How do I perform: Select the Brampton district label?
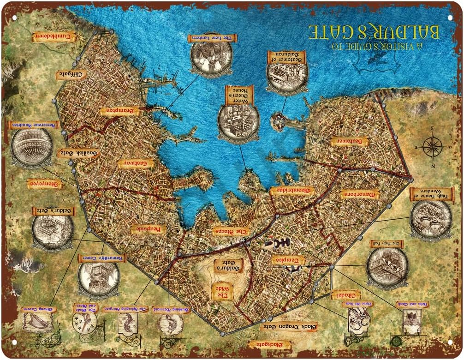(119, 111)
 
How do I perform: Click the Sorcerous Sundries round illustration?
(32, 147)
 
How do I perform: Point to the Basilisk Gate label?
(78, 153)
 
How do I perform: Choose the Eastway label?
(135, 164)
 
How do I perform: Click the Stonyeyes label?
(45, 184)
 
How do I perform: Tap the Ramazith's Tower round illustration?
(99, 278)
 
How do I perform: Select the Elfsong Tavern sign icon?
(37, 322)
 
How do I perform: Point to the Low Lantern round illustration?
(211, 59)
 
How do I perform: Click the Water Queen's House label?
(239, 95)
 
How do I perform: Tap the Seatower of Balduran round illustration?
(287, 77)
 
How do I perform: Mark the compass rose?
(432, 147)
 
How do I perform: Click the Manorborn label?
(360, 194)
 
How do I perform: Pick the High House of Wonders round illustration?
(431, 219)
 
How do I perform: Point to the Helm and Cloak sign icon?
(409, 322)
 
